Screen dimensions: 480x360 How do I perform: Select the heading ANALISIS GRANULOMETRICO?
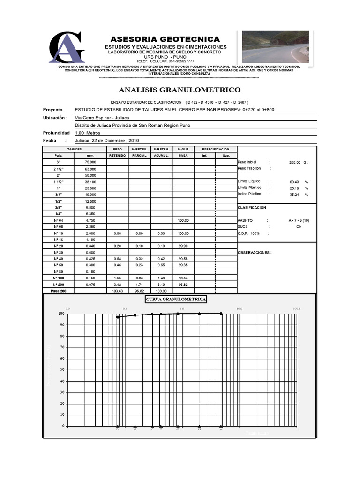click(x=180, y=90)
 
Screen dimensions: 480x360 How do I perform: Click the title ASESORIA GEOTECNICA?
click(x=165, y=39)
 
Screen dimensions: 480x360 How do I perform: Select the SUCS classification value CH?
click(x=299, y=226)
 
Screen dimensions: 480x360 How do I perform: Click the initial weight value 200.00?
click(x=295, y=162)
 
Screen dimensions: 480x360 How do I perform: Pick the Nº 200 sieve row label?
click(x=58, y=285)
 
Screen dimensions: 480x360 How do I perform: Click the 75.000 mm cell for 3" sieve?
click(x=90, y=162)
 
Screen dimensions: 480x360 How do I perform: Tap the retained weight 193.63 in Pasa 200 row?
click(x=118, y=291)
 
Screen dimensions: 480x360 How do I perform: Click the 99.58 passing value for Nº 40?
click(x=183, y=259)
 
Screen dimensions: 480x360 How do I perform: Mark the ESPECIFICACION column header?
click(x=215, y=149)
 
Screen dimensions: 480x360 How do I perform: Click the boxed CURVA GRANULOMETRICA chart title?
click(x=176, y=300)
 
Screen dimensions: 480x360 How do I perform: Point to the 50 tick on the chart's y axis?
click(x=61, y=370)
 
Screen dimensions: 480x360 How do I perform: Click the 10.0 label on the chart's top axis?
click(x=239, y=309)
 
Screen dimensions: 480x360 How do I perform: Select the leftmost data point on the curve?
click(x=118, y=317)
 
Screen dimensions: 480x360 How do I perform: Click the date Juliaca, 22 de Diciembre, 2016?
click(x=107, y=140)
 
